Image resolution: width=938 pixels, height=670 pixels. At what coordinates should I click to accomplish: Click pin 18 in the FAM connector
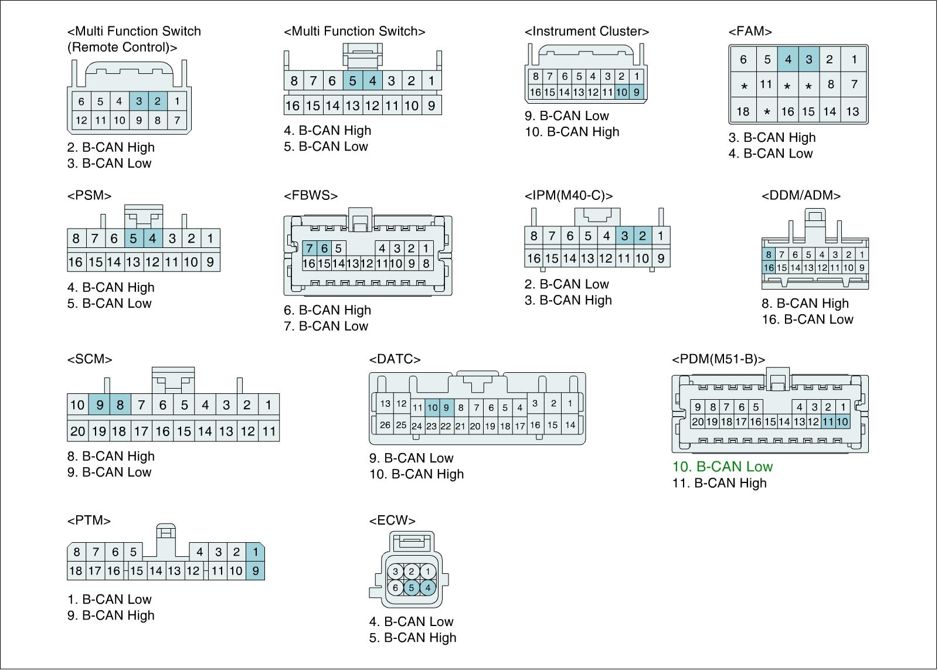pos(743,111)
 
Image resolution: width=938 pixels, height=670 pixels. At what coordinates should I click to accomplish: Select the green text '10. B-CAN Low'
pos(722,467)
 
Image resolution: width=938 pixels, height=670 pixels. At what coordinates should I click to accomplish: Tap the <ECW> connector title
pos(392,521)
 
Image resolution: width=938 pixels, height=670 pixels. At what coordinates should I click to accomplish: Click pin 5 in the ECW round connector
pos(412,587)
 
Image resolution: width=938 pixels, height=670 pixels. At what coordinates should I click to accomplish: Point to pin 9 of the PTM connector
pos(255,570)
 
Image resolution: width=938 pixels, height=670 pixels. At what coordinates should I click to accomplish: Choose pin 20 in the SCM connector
pos(77,431)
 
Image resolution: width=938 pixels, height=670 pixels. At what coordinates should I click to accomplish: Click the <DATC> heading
pos(395,359)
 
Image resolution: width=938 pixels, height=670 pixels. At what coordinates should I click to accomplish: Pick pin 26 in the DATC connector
pos(385,425)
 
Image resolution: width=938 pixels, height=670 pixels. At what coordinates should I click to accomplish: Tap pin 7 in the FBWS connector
pos(310,249)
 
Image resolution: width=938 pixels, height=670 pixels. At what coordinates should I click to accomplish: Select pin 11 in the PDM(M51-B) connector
pos(828,421)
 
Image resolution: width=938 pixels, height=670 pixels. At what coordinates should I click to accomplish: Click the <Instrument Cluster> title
pos(587,32)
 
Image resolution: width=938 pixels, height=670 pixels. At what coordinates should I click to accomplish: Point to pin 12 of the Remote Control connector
pos(81,121)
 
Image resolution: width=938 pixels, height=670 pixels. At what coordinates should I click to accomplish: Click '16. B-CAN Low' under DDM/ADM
pos(807,319)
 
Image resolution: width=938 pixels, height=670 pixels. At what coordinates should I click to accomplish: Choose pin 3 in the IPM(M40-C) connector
pos(624,236)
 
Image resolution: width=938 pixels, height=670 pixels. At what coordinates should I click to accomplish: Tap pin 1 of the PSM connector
pos(210,239)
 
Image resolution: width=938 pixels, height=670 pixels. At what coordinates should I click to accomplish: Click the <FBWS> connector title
pos(311,196)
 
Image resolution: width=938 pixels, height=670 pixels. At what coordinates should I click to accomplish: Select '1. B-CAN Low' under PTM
pos(109,600)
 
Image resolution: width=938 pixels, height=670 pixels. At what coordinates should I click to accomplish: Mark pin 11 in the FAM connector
pos(766,84)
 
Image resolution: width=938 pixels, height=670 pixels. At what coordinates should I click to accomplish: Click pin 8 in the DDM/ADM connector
pos(768,254)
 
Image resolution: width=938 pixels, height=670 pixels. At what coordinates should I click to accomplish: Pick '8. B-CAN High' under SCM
pos(111,457)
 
